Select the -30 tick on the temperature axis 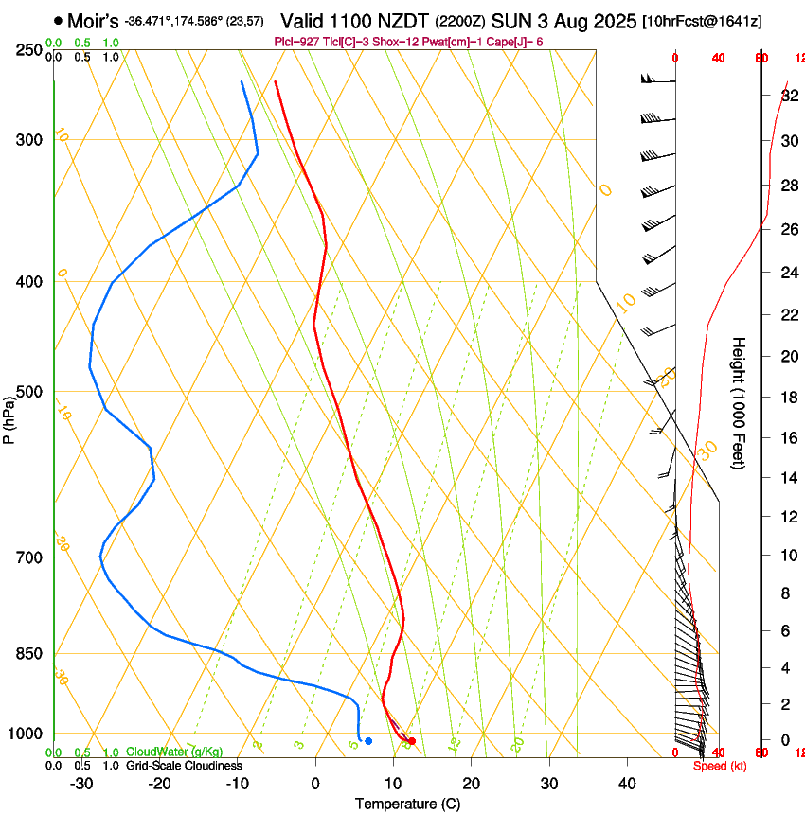coord(81,784)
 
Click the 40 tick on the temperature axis coord(627,784)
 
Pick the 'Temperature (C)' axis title coord(407,804)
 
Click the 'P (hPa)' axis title coord(9,419)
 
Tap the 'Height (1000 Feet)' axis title coord(740,403)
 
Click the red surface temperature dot coord(411,741)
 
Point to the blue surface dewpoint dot coord(368,741)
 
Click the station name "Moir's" coord(93,20)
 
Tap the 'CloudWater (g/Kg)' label coord(174,752)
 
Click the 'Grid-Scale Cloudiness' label coord(184,766)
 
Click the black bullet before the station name coord(59,20)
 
